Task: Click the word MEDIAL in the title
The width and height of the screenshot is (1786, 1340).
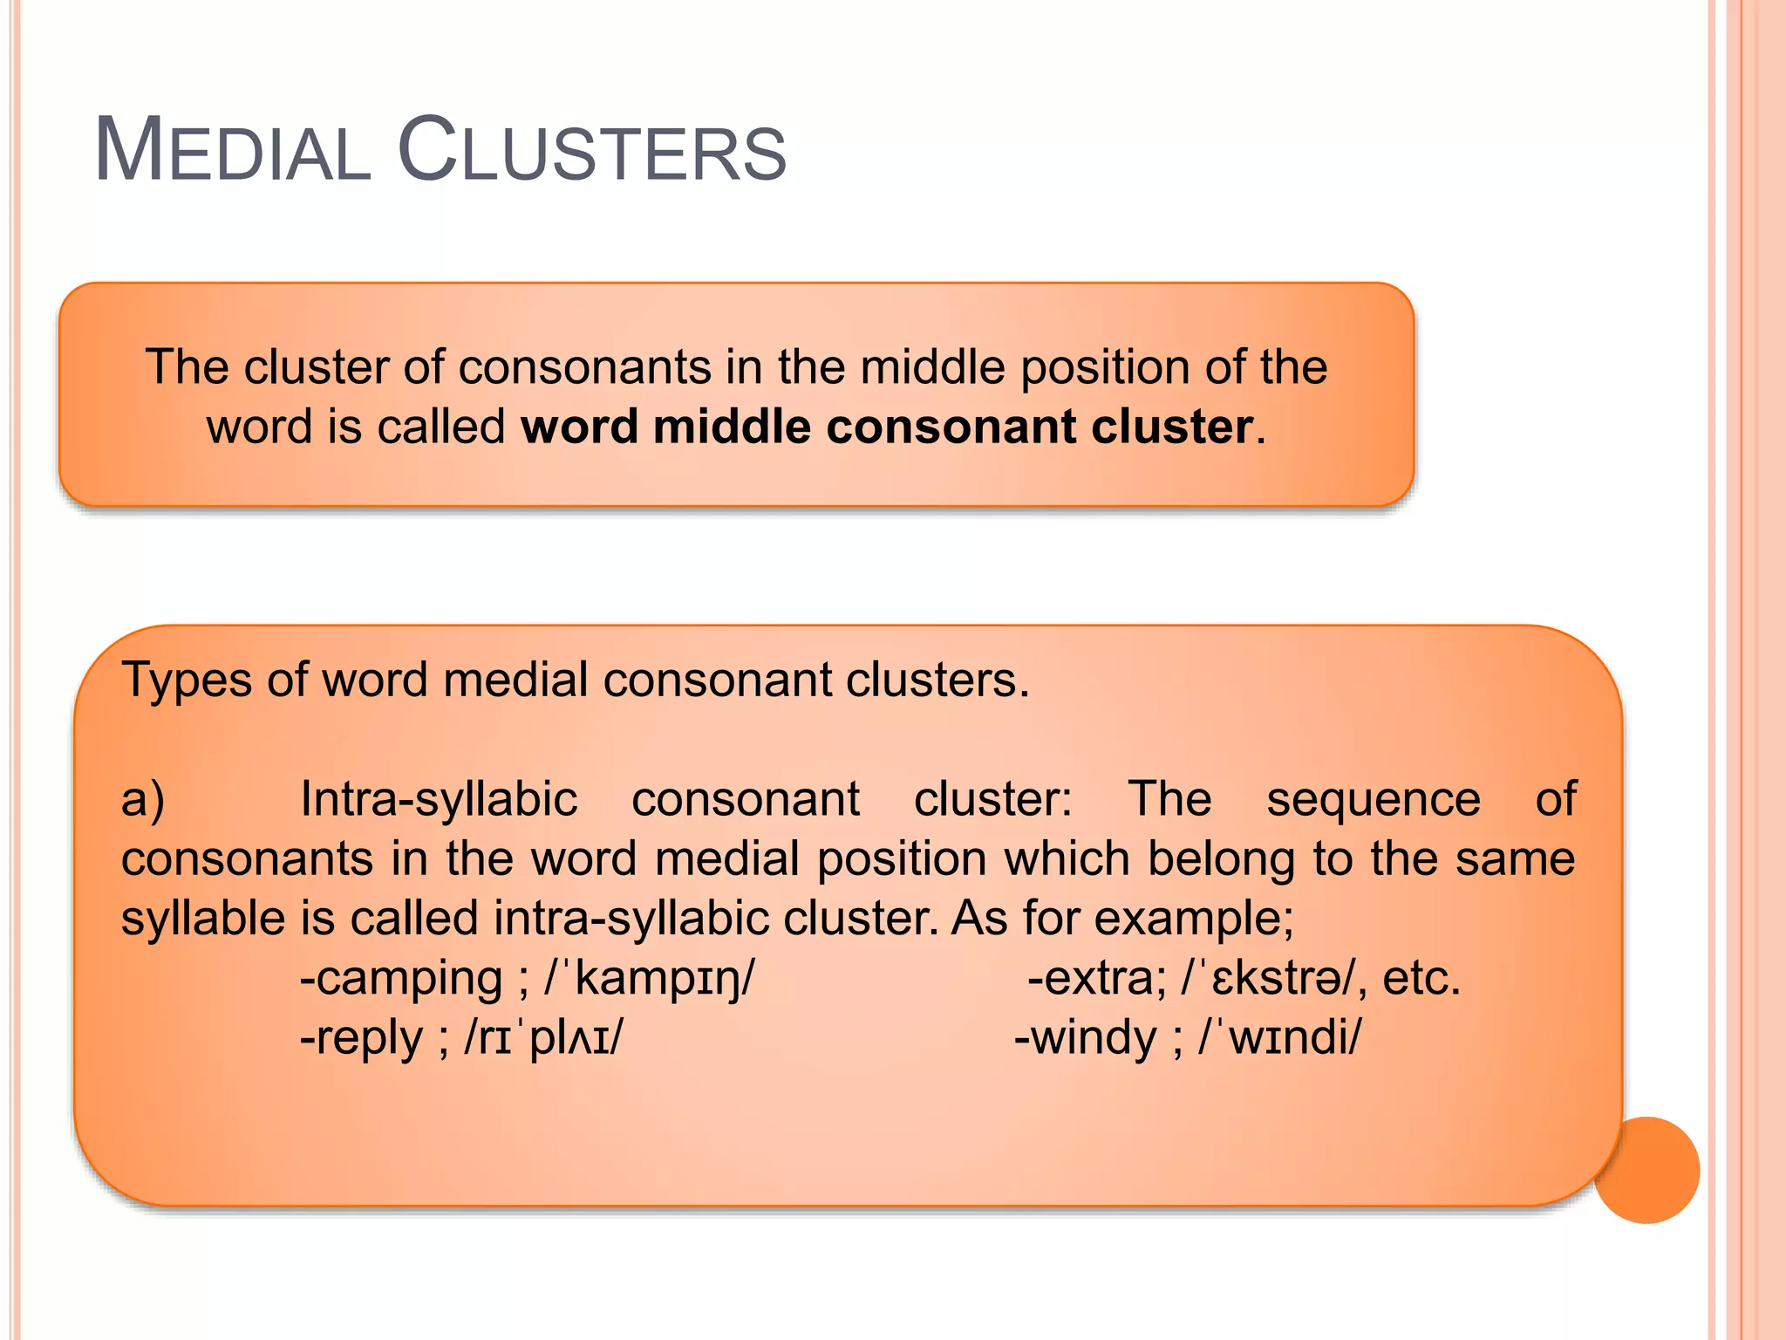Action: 233,150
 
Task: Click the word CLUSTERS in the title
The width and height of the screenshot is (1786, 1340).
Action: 592,150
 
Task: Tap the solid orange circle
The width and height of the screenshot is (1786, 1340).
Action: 1646,1170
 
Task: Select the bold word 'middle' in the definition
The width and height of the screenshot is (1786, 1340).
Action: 732,427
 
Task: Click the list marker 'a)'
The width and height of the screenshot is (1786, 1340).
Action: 143,799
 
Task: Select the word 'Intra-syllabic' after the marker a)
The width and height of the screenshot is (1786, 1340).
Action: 439,799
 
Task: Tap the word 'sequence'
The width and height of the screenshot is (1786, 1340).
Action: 1373,799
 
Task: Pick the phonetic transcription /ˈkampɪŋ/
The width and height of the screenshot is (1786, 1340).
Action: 650,978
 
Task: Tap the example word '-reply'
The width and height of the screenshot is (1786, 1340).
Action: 361,1038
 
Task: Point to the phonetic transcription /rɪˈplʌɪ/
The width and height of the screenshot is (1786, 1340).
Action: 544,1038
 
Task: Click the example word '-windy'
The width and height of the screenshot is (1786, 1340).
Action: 1085,1038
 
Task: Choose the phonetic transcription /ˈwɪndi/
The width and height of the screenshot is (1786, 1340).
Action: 1279,1038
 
